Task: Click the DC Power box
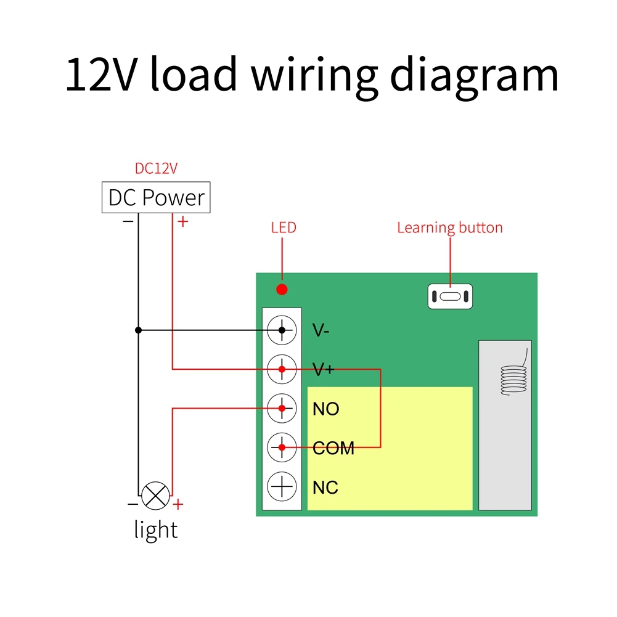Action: pos(155,198)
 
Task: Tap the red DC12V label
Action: pos(156,168)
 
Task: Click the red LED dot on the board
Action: pos(282,289)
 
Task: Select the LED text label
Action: pos(284,227)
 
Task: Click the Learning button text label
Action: pos(449,227)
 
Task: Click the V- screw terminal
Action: pos(282,330)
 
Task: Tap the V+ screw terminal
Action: pos(282,370)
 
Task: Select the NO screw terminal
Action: pos(282,409)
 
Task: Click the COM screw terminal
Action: pos(282,447)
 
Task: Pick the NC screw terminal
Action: pos(282,487)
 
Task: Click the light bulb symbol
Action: pos(155,496)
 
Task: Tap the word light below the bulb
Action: pos(155,529)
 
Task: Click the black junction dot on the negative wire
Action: pos(138,330)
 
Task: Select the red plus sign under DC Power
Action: pos(182,221)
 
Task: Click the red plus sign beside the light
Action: pos(178,505)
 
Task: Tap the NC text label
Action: pos(325,488)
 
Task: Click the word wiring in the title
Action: pos(314,75)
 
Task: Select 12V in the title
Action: pos(102,75)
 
